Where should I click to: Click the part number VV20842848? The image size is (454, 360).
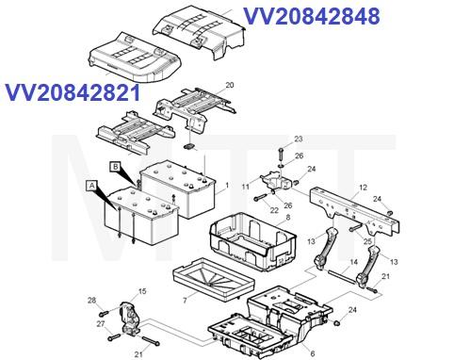click(x=312, y=16)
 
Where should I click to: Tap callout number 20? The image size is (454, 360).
click(x=230, y=86)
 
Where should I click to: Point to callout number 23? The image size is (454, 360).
click(x=298, y=139)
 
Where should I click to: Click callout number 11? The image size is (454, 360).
click(x=245, y=188)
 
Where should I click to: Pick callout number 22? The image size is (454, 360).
click(x=275, y=209)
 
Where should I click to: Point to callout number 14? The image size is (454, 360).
click(x=352, y=262)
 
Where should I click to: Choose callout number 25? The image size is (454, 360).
click(x=369, y=242)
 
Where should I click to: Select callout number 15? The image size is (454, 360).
click(x=143, y=291)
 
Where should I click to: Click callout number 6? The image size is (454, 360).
click(x=312, y=353)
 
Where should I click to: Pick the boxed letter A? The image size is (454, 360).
click(x=92, y=186)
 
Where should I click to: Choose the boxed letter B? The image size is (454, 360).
click(x=116, y=168)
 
